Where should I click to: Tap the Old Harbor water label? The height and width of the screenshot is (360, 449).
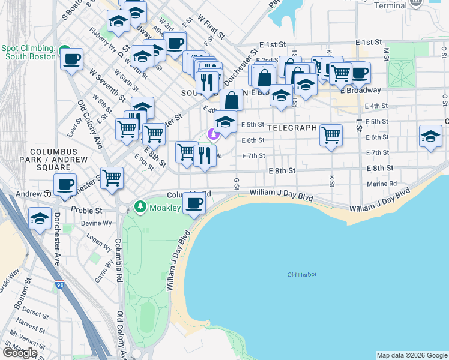(301, 275)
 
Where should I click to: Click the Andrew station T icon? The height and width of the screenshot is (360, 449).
(47, 194)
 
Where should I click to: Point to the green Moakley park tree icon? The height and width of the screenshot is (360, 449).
(140, 207)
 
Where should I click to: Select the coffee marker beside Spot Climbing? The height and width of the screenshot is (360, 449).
(71, 59)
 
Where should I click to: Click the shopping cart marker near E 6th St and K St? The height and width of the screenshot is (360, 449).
(331, 135)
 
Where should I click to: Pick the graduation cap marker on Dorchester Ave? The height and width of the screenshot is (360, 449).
(40, 218)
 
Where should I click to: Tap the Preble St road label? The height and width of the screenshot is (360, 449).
(87, 210)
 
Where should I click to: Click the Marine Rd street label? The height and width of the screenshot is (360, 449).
(385, 184)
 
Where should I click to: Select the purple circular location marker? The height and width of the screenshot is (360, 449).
(211, 134)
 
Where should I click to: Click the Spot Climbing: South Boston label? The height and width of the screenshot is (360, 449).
(30, 52)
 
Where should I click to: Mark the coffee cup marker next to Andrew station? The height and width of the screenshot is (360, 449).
(65, 185)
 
